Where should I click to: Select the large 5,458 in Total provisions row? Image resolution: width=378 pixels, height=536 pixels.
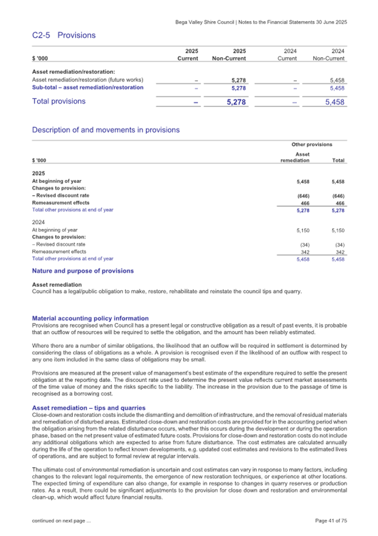click(x=333, y=102)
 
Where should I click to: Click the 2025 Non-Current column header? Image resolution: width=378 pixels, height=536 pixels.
click(x=230, y=54)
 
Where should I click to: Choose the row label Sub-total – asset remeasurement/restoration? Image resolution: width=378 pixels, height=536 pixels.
click(x=88, y=87)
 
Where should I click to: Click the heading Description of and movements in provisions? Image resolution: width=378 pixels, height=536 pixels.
click(x=106, y=130)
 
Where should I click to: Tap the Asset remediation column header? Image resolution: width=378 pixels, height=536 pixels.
click(x=295, y=158)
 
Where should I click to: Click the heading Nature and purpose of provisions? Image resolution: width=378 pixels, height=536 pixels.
click(x=83, y=271)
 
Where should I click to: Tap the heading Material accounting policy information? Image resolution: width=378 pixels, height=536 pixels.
click(x=90, y=318)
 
